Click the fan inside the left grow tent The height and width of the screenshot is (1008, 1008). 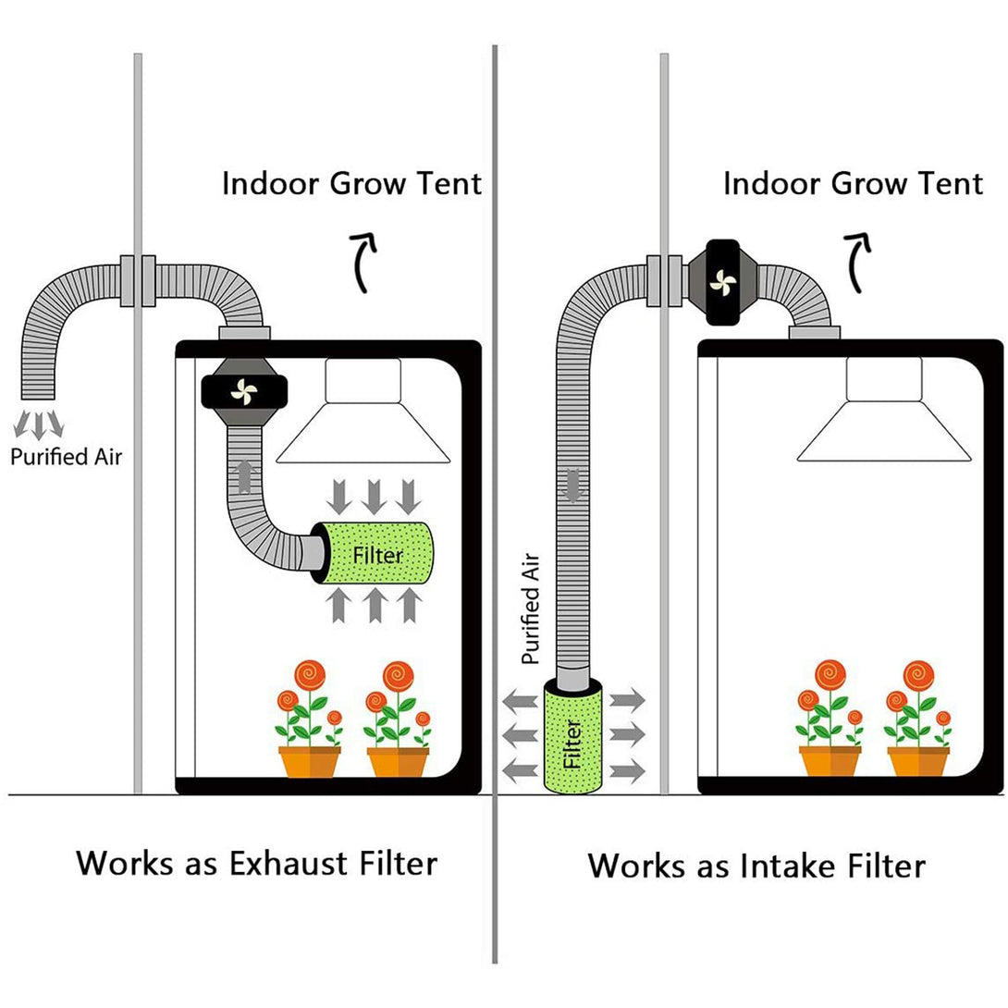[x=244, y=391]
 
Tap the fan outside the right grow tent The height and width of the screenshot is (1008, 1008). [x=722, y=281]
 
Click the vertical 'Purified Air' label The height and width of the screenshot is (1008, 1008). [x=531, y=608]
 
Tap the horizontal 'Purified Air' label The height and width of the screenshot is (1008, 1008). [x=67, y=457]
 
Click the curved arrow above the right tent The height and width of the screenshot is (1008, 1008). [x=857, y=263]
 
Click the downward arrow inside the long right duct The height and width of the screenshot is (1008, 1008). [x=572, y=485]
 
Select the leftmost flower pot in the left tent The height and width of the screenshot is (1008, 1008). [x=309, y=762]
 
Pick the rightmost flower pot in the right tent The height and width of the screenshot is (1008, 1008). [x=918, y=762]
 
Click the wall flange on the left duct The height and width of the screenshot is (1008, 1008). [x=138, y=281]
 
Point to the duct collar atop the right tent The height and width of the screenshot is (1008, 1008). [x=815, y=332]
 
